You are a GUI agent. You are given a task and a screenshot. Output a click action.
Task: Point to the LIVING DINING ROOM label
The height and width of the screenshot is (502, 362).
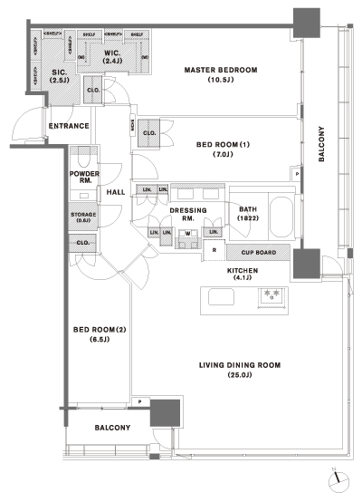(x=241, y=371)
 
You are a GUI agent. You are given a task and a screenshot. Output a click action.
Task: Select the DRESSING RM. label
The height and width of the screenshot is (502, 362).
(x=188, y=214)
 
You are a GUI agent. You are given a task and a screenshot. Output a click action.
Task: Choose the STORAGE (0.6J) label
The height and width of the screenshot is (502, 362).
(x=83, y=217)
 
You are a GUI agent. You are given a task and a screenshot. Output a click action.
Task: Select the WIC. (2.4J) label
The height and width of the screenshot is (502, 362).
(x=113, y=59)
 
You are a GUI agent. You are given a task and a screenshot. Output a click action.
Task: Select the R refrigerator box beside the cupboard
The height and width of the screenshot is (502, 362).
(x=214, y=251)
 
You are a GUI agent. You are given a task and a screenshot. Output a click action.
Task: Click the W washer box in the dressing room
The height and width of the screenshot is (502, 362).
(x=189, y=234)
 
